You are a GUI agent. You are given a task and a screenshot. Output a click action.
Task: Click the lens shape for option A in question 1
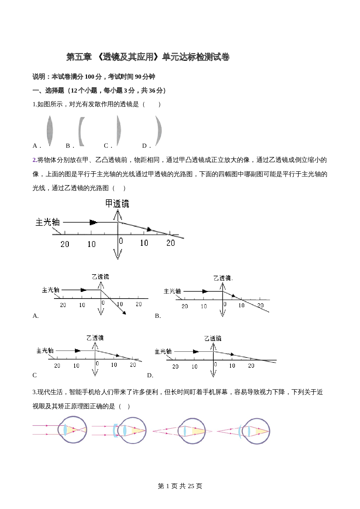(x=50, y=131)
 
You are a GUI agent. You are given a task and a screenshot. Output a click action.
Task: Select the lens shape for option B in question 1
(x=81, y=131)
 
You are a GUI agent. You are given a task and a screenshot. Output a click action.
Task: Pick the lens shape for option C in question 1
(x=118, y=130)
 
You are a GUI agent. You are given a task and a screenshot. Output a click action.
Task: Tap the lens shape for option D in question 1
(x=159, y=130)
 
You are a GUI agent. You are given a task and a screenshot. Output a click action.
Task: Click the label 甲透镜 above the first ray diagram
(x=117, y=203)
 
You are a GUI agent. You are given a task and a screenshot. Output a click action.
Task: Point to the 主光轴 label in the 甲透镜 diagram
(x=48, y=222)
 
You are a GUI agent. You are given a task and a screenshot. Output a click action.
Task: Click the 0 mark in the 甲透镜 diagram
(x=121, y=241)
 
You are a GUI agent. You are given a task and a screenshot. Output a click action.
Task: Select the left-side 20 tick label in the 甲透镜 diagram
(x=65, y=244)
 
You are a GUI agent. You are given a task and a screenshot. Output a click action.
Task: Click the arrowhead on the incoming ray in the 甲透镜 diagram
(x=93, y=222)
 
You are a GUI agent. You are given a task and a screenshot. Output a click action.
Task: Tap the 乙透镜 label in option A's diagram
(x=100, y=277)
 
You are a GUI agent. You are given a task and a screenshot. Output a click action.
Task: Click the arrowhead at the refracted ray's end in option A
(x=125, y=313)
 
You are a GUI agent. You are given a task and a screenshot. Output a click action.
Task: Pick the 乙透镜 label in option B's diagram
(x=222, y=278)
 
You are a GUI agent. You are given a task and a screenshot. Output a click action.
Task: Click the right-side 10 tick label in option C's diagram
(x=114, y=365)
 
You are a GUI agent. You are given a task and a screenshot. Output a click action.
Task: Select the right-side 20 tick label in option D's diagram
(x=251, y=366)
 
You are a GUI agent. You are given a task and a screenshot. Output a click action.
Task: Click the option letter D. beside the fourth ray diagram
(x=150, y=376)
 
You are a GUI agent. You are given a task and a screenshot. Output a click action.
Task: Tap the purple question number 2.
(x=35, y=160)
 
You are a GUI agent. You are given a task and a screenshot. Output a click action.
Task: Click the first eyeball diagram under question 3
(x=72, y=430)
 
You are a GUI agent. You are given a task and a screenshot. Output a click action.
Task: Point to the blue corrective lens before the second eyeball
(x=115, y=430)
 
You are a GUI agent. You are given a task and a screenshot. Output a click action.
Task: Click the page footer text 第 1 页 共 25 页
(x=180, y=486)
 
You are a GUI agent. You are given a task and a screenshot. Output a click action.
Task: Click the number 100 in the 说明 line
(x=89, y=77)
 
